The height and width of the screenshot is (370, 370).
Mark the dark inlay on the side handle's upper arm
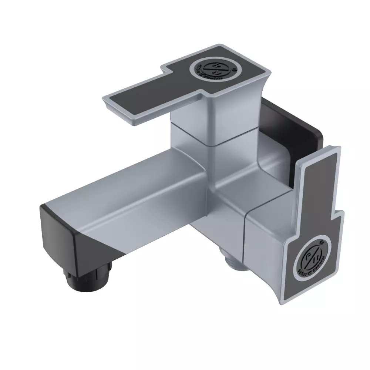pos(316,185)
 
